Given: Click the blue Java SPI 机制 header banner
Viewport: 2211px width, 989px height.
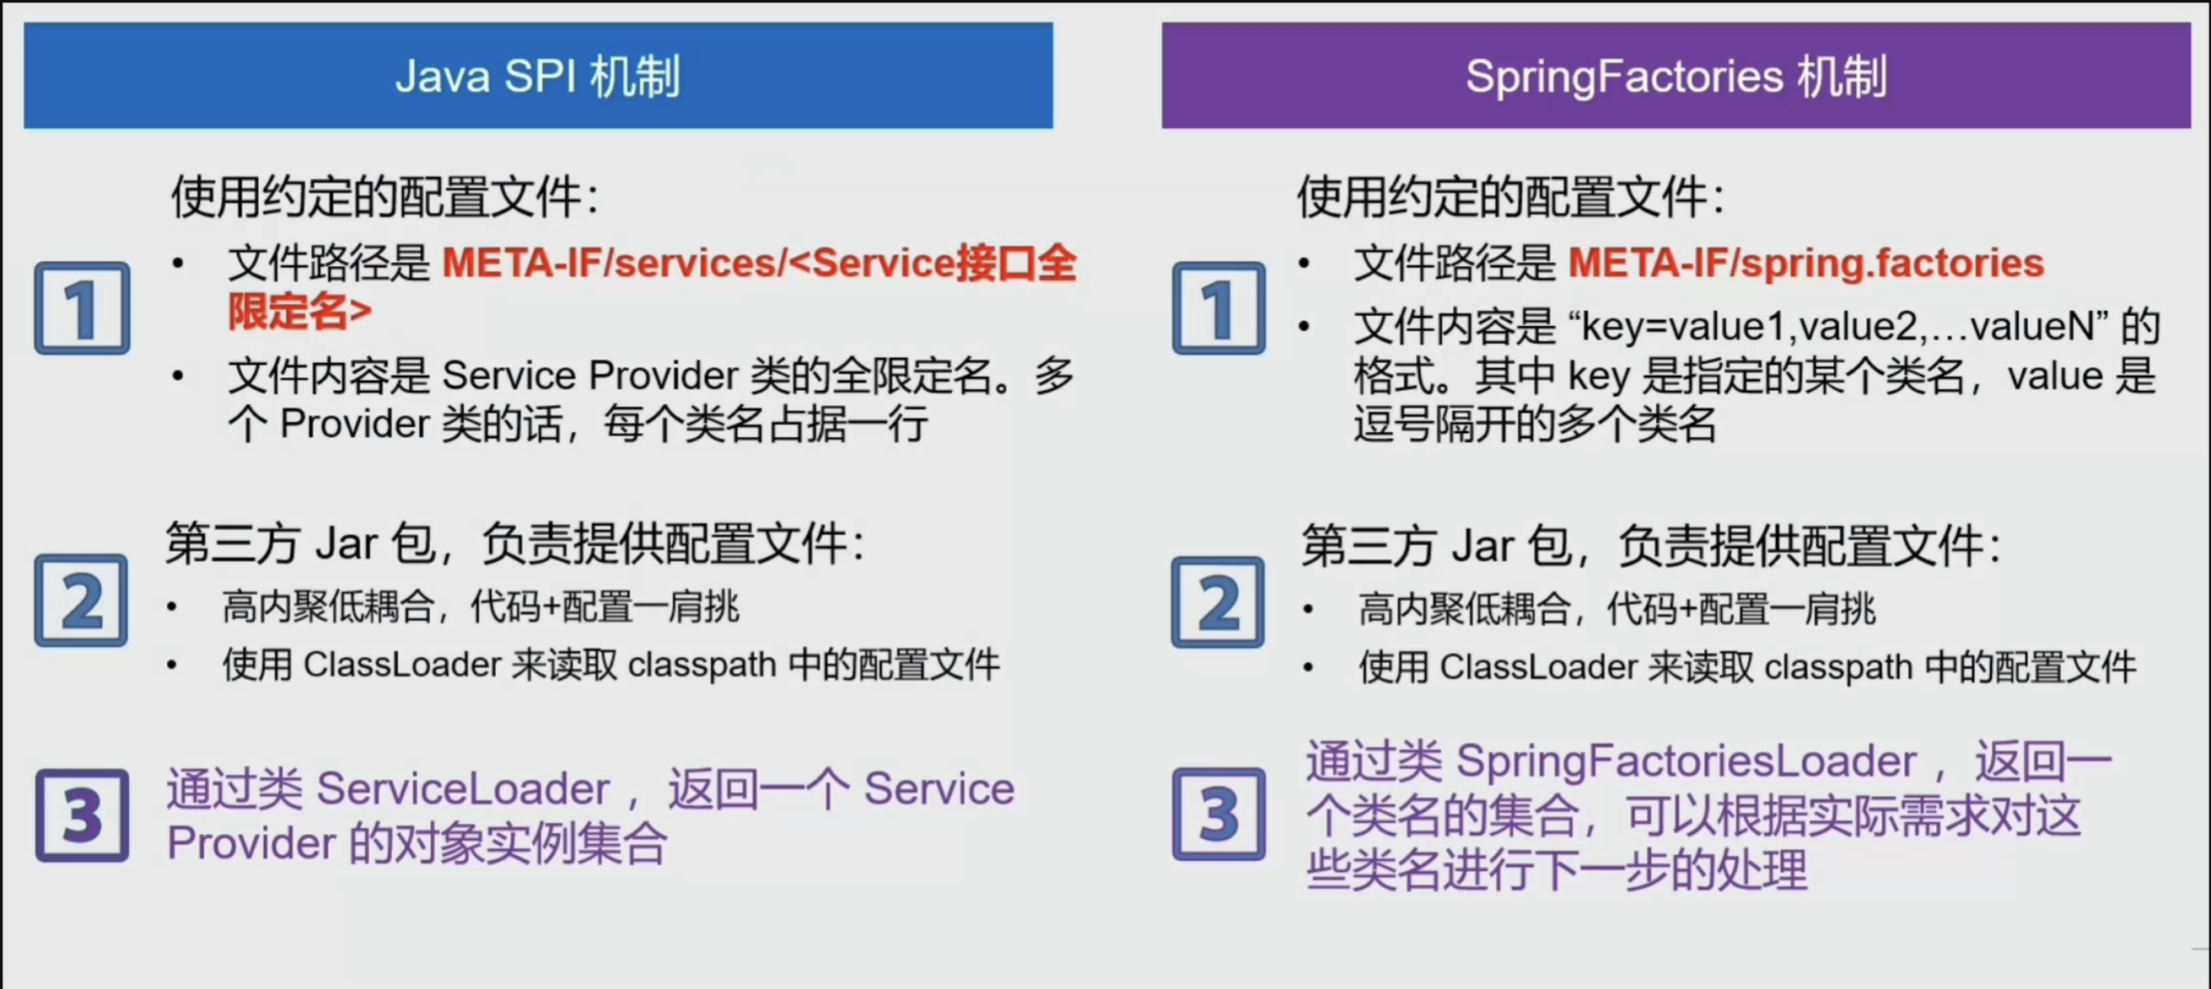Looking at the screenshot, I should point(538,76).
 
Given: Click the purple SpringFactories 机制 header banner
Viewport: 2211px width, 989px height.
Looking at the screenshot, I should point(1676,76).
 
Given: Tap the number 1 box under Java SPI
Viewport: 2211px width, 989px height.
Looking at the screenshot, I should point(83,308).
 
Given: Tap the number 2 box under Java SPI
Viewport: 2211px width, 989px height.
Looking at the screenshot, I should point(82,601).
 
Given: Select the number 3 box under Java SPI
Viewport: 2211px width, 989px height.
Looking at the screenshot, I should point(83,815).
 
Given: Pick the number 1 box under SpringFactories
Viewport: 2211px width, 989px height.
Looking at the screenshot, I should point(1218,308).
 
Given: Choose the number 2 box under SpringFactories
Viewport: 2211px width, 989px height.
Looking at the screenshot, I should point(1218,602).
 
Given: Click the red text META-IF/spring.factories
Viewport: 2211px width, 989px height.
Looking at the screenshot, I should point(1806,264).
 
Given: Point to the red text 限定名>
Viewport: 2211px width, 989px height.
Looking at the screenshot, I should point(299,312).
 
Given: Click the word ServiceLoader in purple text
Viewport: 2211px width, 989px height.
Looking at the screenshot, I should point(464,789).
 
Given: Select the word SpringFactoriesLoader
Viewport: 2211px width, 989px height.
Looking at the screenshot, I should point(1686,761).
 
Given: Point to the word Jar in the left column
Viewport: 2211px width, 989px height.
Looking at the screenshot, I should point(347,545).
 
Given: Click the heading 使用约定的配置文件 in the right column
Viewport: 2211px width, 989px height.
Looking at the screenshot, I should point(1502,198).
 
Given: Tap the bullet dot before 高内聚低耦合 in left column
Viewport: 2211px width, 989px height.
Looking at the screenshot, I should point(173,607).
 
